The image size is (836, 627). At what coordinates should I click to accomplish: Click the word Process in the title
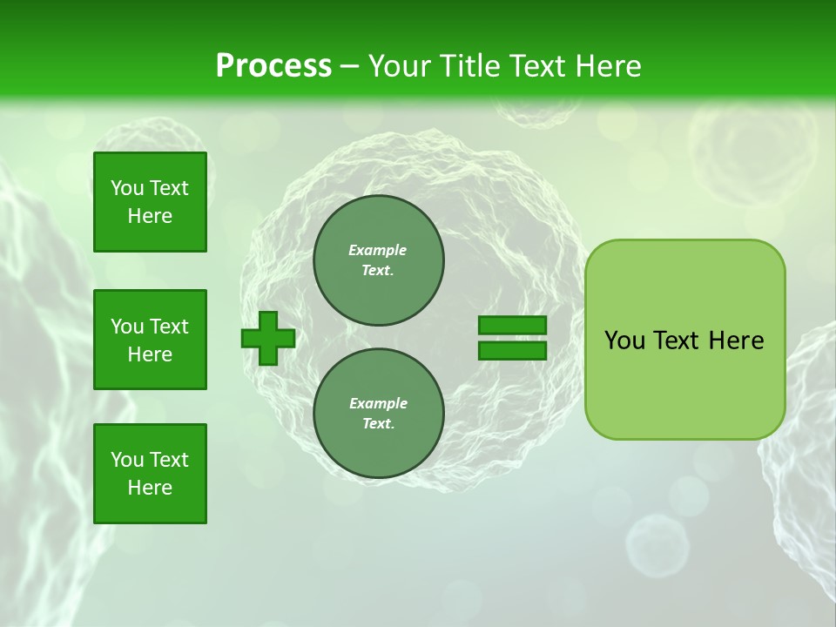273,66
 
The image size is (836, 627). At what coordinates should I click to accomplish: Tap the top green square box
150,202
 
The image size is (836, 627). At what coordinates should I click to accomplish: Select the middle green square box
150,340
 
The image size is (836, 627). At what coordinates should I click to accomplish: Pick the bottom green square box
150,473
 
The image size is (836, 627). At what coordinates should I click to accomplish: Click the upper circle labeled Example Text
379,260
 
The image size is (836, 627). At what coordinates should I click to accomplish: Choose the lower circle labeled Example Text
379,413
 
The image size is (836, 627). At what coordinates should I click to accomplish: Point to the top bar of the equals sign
512,325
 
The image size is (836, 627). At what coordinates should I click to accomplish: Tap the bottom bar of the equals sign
512,351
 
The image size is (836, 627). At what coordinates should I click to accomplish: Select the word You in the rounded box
624,340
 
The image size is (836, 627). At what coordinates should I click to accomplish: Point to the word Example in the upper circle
378,250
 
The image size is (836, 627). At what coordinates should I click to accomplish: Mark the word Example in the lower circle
378,403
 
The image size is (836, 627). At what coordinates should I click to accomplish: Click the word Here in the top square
150,216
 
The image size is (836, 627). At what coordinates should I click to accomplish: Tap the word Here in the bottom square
150,488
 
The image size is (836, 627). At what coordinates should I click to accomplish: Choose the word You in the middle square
127,327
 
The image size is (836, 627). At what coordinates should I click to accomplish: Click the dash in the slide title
350,67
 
